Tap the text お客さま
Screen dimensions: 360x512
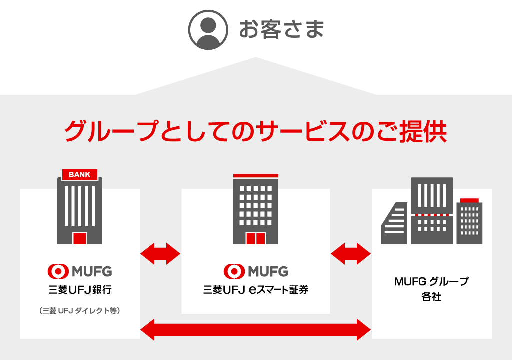(x=281, y=29)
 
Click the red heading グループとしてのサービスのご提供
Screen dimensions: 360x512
(x=255, y=131)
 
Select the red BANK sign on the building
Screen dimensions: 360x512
(x=80, y=174)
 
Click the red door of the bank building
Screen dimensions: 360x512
(x=80, y=238)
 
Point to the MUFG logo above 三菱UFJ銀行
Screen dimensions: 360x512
(x=80, y=271)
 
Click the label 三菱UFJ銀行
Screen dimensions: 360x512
(x=80, y=290)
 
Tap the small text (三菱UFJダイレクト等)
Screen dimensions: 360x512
(x=80, y=311)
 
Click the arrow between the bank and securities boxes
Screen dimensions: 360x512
(x=160, y=254)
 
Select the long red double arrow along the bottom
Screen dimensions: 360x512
(x=256, y=329)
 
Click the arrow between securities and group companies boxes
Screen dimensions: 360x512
(x=351, y=254)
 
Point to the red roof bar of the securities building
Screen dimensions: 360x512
(x=255, y=175)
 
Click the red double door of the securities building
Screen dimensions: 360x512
(x=255, y=238)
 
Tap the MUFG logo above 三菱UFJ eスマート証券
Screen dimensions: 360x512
(x=256, y=271)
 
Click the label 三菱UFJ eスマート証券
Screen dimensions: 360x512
(x=256, y=290)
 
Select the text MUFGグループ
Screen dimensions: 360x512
(x=431, y=282)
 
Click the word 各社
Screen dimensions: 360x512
(x=431, y=297)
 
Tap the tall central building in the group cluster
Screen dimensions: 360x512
(x=432, y=210)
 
